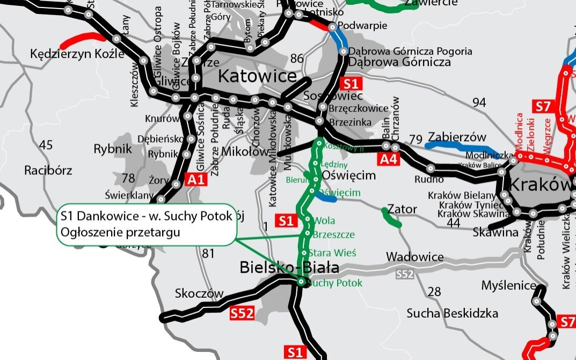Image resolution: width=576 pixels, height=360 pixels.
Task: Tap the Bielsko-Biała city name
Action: click(289, 267)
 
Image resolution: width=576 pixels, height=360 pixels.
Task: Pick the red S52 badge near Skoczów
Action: click(242, 314)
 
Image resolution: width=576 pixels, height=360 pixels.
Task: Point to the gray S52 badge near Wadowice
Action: click(405, 275)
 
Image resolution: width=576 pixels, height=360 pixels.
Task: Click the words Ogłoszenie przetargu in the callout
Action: click(120, 232)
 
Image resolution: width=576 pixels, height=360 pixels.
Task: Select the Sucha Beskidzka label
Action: click(452, 313)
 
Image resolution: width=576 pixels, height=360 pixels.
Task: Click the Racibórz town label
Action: click(48, 171)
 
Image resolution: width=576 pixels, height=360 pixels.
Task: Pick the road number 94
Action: click(478, 102)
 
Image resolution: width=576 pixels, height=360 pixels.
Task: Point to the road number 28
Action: click(434, 291)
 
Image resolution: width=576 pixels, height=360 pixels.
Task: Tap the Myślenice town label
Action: click(509, 285)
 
